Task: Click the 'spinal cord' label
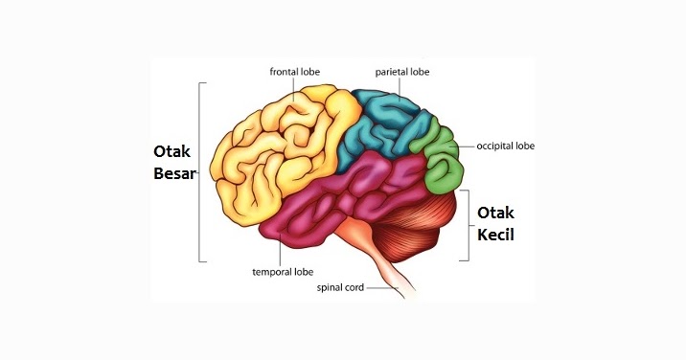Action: pos(340,286)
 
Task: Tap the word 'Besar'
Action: pos(173,174)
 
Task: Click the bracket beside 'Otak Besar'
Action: pos(199,172)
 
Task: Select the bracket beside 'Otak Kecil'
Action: pos(468,225)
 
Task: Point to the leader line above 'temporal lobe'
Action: pos(279,251)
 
